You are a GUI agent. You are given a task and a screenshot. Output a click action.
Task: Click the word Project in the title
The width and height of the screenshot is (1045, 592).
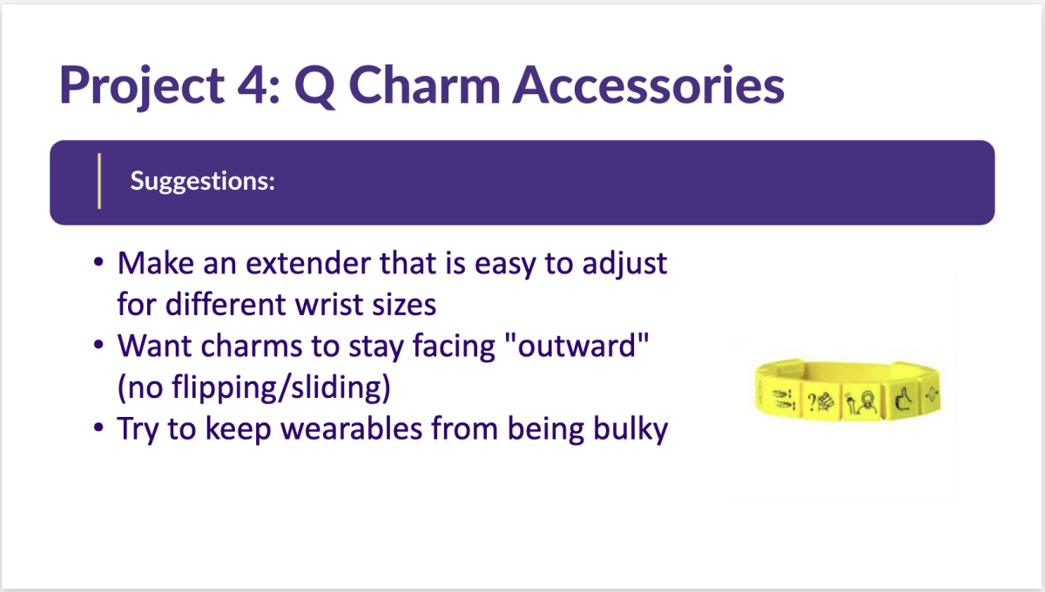142,86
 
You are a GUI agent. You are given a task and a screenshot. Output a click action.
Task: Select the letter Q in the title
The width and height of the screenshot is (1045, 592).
315,86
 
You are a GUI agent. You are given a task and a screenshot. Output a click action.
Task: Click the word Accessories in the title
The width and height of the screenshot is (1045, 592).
649,85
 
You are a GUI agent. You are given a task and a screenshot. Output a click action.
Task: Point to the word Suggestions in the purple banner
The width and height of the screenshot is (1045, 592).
202,181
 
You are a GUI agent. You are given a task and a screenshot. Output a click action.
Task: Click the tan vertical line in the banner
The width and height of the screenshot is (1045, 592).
99,181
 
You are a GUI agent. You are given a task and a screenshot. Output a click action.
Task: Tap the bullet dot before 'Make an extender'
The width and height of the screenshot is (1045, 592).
98,262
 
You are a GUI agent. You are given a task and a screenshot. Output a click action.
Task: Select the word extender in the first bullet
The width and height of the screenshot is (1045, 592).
308,263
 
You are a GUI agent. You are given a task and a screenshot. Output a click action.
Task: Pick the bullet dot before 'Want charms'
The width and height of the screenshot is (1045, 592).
98,345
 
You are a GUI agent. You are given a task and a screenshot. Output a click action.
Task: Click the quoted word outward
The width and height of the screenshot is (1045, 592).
576,346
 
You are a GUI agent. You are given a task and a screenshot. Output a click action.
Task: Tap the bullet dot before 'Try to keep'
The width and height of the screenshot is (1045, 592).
98,427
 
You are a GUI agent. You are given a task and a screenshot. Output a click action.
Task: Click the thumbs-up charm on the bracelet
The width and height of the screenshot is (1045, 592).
904,400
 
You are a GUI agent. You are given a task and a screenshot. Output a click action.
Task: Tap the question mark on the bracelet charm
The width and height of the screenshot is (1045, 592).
812,402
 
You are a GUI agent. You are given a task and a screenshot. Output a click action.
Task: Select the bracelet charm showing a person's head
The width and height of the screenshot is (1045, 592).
861,402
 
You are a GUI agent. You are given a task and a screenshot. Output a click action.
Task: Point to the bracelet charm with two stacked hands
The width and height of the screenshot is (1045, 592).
783,400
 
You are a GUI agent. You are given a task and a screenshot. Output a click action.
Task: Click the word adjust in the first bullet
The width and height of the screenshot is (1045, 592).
624,264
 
